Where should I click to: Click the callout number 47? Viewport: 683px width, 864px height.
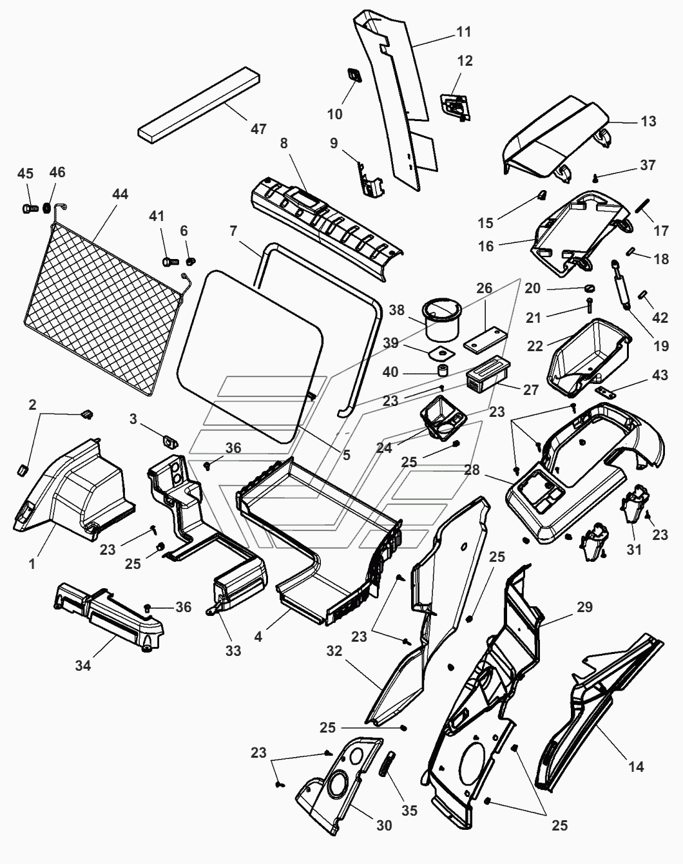258,129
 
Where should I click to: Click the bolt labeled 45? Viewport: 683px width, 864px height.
26,208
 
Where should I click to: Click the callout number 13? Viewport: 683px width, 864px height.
648,121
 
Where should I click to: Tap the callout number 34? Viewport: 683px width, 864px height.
82,665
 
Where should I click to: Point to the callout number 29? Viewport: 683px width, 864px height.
584,608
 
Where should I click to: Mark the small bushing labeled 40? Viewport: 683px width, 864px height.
443,372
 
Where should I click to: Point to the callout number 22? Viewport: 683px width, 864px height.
535,346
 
